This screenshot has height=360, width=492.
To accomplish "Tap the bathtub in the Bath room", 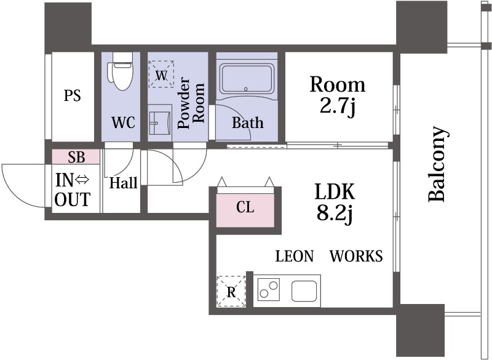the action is click(247, 79).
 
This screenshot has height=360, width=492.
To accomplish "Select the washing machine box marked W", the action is click(161, 74).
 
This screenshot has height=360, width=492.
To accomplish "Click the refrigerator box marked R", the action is click(231, 292).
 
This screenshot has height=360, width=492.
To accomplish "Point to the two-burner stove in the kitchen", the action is click(269, 289).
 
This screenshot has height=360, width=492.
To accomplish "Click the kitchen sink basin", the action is click(304, 291).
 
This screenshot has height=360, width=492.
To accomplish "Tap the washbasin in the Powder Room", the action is click(160, 122).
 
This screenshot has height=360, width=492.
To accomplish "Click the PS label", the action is click(73, 95).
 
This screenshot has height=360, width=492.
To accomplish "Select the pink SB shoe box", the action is click(76, 157).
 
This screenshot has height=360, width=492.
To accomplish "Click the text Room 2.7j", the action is click(337, 95).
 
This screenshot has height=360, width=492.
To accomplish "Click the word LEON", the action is click(295, 256).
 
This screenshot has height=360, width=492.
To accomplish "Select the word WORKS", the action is click(356, 256).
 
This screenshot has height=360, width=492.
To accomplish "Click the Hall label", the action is click(124, 183).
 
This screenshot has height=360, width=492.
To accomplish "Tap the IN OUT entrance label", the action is click(73, 190).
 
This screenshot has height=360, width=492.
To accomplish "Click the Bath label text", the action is click(248, 122).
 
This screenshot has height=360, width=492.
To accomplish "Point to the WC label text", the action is click(124, 122).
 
